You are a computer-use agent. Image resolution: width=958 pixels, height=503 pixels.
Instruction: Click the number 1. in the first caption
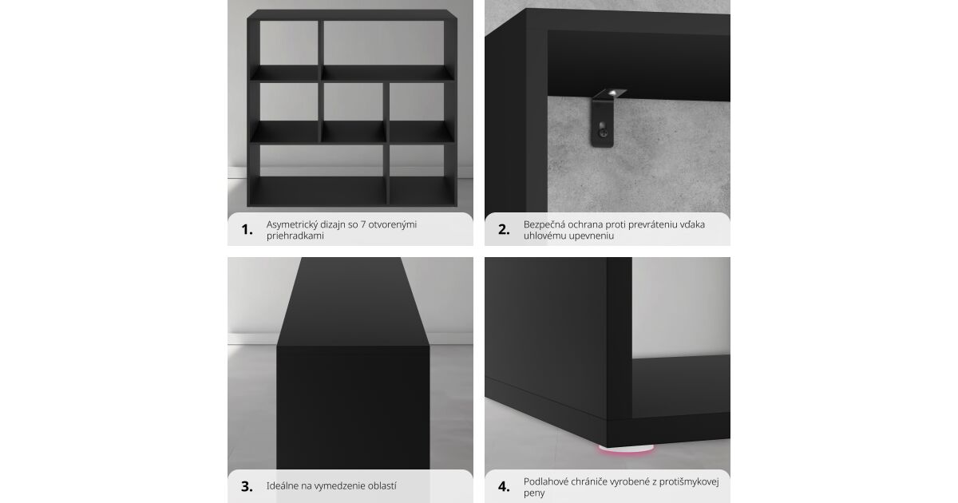247,230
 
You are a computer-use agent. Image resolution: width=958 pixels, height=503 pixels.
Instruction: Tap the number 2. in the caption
504,230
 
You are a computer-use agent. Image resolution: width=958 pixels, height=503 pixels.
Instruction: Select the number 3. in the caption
247,487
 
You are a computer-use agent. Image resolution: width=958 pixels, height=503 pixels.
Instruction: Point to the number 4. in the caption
504,487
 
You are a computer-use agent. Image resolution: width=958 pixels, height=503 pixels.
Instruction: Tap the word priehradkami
295,236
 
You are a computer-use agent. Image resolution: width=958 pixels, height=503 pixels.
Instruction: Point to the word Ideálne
283,486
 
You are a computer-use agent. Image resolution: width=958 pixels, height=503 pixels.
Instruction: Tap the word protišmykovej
689,482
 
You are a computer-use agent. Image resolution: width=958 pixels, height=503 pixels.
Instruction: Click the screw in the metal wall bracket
603,133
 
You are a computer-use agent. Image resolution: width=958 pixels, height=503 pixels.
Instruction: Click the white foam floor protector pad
626,448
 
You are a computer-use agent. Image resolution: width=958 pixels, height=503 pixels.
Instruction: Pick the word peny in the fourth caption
534,493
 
